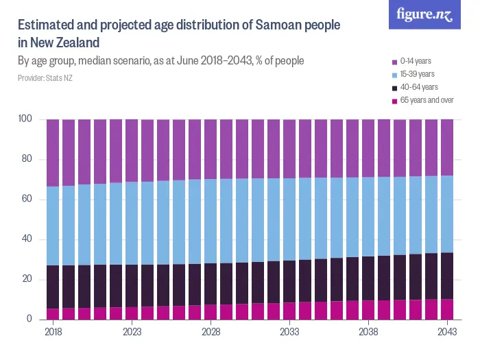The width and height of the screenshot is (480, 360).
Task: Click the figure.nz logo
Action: [424, 14]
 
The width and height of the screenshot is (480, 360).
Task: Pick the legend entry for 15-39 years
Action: [417, 75]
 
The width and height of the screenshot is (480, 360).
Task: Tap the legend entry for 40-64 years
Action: [417, 88]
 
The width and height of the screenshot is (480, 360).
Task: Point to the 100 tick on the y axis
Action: [25, 119]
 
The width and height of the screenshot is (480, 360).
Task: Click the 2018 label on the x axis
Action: [53, 331]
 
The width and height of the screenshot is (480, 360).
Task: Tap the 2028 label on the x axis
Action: [211, 331]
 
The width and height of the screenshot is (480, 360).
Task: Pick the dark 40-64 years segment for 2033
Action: [289, 281]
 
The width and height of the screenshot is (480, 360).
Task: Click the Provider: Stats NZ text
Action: [45, 78]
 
